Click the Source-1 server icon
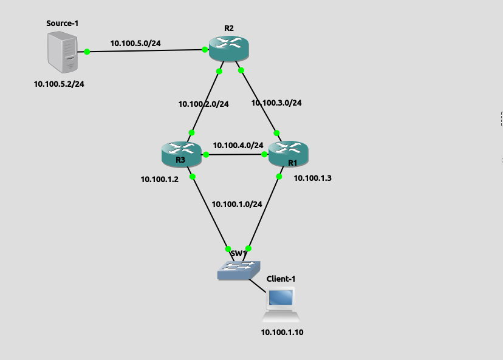pyautogui.click(x=63, y=52)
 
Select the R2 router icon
pyautogui.click(x=229, y=48)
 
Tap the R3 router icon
pyautogui.click(x=181, y=154)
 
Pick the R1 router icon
pyautogui.click(x=288, y=154)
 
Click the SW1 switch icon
pyautogui.click(x=239, y=270)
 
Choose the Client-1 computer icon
pyautogui.click(x=281, y=304)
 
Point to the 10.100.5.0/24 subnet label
pyautogui.click(x=139, y=43)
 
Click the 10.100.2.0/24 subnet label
pyautogui.click(x=204, y=104)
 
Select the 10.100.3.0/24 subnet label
pyautogui.click(x=276, y=103)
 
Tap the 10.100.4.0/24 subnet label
pyautogui.click(x=238, y=145)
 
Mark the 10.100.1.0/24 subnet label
pyautogui.click(x=237, y=204)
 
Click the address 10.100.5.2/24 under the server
pyautogui.click(x=59, y=84)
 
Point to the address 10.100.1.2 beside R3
pyautogui.click(x=159, y=179)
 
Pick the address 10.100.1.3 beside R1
pyautogui.click(x=312, y=178)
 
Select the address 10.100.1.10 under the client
pyautogui.click(x=281, y=332)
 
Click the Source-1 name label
pyautogui.click(x=63, y=23)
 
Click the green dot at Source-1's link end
pyautogui.click(x=87, y=52)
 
